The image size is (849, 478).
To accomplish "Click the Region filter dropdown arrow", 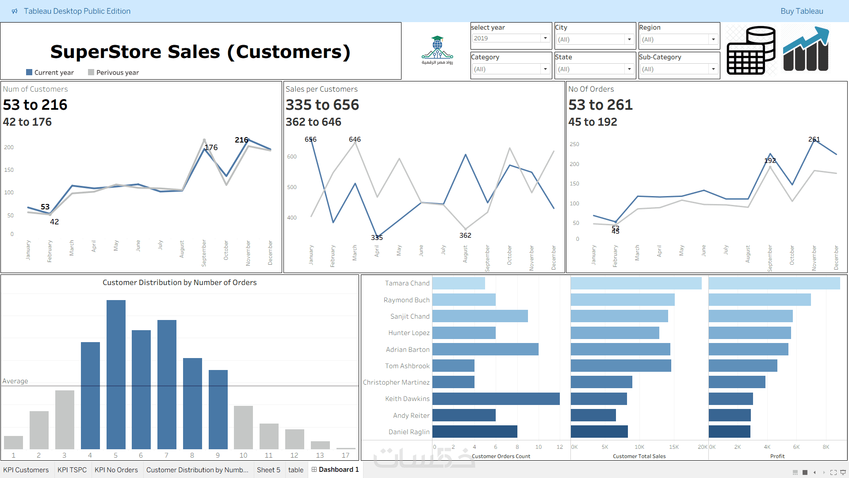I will (713, 39).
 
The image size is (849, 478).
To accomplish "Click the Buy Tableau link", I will (801, 11).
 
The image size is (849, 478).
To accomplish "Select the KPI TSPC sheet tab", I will (72, 470).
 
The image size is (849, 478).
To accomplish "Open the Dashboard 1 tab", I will (336, 470).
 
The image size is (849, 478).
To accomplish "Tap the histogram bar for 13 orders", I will (320, 445).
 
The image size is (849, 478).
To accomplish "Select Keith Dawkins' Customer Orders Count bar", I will (496, 399).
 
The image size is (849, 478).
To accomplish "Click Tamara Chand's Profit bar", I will (774, 283).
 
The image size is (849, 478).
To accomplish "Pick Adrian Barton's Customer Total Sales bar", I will (620, 349).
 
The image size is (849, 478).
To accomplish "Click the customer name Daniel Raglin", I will (409, 432).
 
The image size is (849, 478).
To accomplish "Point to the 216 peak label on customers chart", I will (241, 140).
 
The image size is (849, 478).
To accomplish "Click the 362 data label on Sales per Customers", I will (465, 235).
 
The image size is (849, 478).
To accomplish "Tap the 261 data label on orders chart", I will (814, 139).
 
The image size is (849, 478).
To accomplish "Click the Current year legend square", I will (29, 72).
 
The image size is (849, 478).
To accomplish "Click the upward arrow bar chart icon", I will (806, 50).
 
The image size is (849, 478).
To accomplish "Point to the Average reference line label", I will (15, 381).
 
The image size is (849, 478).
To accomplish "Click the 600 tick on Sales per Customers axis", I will (292, 157).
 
